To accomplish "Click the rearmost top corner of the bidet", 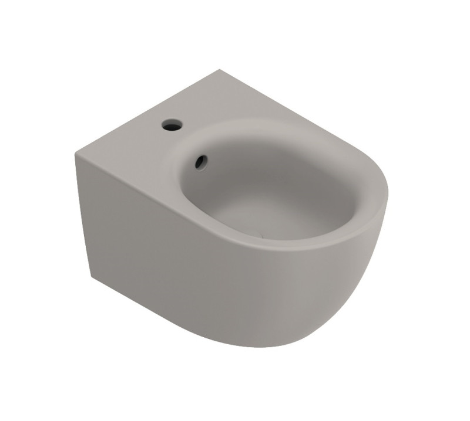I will pos(220,70).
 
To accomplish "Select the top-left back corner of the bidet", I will pos(76,153).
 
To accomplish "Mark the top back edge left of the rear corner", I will pos(147,111).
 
